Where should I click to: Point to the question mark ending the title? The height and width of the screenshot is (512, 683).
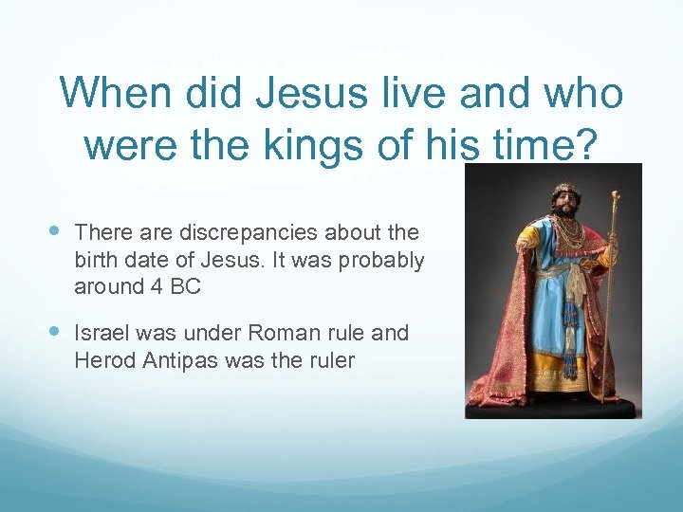click(x=584, y=144)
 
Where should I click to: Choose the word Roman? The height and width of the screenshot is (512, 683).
click(x=272, y=334)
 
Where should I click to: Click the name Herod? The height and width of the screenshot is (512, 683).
click(x=104, y=360)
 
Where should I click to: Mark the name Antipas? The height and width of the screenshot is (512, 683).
click(x=179, y=360)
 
